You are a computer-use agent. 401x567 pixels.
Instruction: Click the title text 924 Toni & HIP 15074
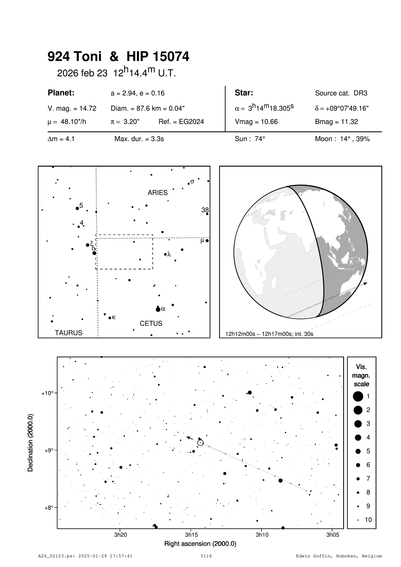[x=118, y=57]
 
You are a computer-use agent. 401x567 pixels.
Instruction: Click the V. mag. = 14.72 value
[x=72, y=108]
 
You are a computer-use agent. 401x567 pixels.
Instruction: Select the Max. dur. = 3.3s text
[x=139, y=139]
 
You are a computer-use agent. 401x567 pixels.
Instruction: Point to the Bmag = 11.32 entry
[x=336, y=122]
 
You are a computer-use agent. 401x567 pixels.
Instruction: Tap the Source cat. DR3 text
[x=341, y=93]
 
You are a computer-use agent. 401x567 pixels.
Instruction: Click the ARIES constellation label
[x=158, y=193]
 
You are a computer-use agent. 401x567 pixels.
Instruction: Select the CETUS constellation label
[x=151, y=323]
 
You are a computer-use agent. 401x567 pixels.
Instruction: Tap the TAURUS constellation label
[x=69, y=333]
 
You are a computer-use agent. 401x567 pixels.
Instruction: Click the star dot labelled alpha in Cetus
[x=158, y=310]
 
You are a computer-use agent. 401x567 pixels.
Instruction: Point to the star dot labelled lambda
[x=165, y=255]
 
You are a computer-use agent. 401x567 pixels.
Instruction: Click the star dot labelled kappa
[x=110, y=318]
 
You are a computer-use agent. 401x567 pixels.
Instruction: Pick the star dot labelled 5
[x=77, y=208]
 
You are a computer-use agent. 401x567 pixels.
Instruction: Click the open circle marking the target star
[x=200, y=442]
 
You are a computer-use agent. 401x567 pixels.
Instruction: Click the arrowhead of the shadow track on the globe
[x=365, y=284]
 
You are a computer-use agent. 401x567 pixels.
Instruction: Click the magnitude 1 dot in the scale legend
[x=358, y=396]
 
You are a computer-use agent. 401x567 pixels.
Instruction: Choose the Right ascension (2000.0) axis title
[x=200, y=544]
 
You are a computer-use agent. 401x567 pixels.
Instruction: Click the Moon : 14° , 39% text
[x=342, y=139]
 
